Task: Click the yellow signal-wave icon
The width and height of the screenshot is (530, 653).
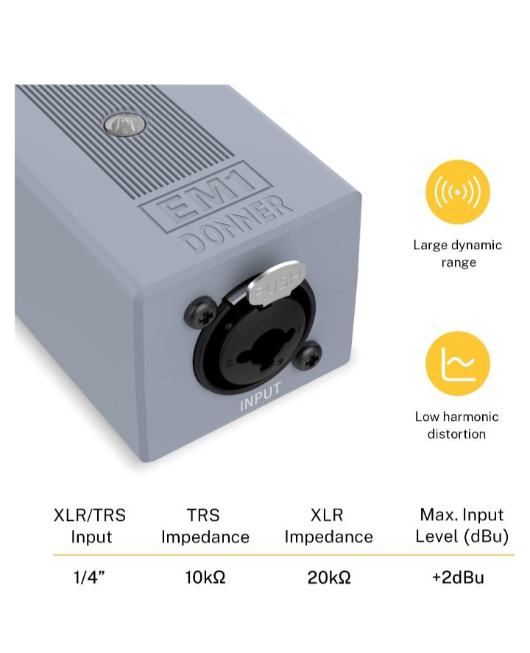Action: [458, 192]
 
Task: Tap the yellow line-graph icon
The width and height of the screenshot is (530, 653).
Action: [458, 363]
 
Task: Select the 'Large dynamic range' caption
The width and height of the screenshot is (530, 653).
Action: [458, 254]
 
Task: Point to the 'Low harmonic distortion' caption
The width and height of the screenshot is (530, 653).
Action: [457, 425]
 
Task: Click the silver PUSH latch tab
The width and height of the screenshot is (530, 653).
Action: [275, 283]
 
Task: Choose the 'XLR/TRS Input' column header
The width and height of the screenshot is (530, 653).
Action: [90, 526]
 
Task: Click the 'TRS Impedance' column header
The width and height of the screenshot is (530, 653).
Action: [205, 526]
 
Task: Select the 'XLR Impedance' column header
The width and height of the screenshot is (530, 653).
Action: [328, 526]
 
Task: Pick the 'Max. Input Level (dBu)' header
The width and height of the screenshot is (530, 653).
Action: [462, 525]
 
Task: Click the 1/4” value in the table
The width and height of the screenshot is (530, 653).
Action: [89, 577]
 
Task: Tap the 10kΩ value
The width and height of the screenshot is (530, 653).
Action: [205, 577]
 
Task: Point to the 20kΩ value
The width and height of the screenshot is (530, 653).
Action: [329, 577]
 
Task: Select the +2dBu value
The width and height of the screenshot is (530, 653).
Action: [458, 577]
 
